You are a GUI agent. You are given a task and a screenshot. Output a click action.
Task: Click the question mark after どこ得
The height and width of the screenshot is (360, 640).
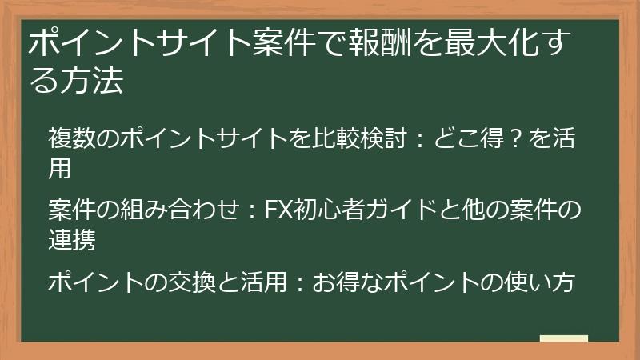(x=517, y=138)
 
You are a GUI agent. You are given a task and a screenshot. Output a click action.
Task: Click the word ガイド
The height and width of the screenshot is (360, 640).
(x=395, y=210)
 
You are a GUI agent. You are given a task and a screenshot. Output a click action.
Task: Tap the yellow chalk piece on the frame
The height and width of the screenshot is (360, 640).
(x=563, y=339)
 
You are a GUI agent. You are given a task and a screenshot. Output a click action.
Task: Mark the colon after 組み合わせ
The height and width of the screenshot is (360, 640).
(x=250, y=210)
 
